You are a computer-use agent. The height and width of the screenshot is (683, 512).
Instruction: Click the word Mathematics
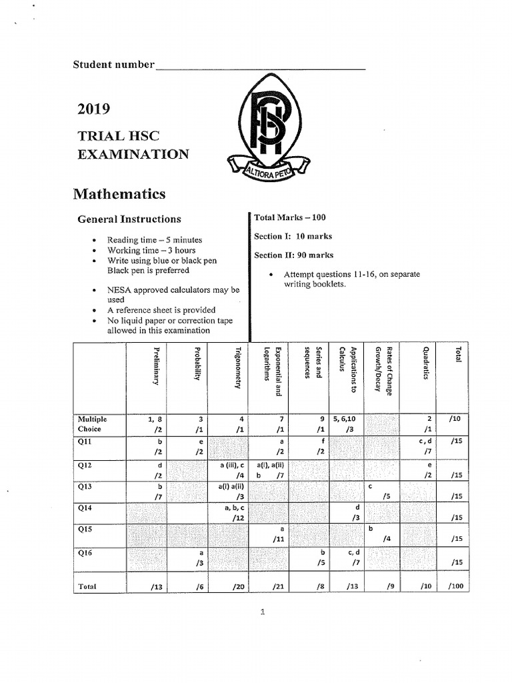[119, 194]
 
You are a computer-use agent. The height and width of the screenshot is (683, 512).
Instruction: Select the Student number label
[113, 65]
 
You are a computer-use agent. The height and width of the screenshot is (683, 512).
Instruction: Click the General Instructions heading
[129, 219]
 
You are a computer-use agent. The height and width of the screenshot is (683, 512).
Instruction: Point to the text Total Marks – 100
[290, 217]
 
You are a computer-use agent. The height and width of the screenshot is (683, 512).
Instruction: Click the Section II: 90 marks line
[293, 255]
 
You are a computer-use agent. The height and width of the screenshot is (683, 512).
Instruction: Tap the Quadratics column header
[425, 364]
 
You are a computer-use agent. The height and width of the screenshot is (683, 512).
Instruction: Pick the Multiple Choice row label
[93, 424]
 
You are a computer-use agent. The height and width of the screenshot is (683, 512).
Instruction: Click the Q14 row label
[85, 508]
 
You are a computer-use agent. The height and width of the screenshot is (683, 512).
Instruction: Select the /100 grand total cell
[456, 586]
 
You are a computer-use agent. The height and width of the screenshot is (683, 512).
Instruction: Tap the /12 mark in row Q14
[237, 518]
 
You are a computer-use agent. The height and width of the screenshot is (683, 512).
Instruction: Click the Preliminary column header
[157, 367]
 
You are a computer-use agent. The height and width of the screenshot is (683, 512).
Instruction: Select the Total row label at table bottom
[87, 586]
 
